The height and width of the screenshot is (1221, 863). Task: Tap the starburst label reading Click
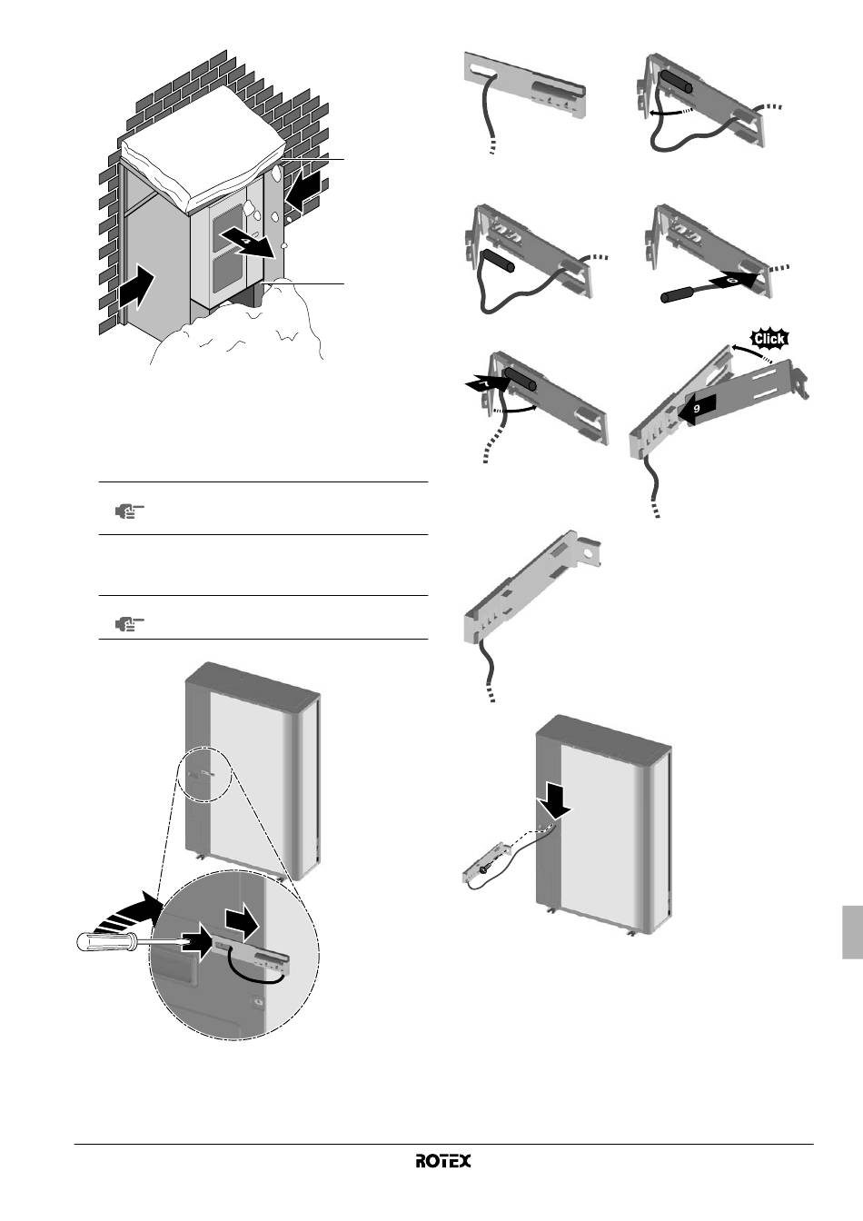point(769,339)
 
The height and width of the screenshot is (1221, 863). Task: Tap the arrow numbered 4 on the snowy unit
point(249,242)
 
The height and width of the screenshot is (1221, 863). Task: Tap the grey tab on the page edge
point(853,932)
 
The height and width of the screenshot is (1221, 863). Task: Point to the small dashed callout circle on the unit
point(204,773)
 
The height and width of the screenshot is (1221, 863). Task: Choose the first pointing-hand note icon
point(129,511)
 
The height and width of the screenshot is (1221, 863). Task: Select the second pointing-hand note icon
point(129,623)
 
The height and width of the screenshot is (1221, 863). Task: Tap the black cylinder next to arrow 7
point(521,380)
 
